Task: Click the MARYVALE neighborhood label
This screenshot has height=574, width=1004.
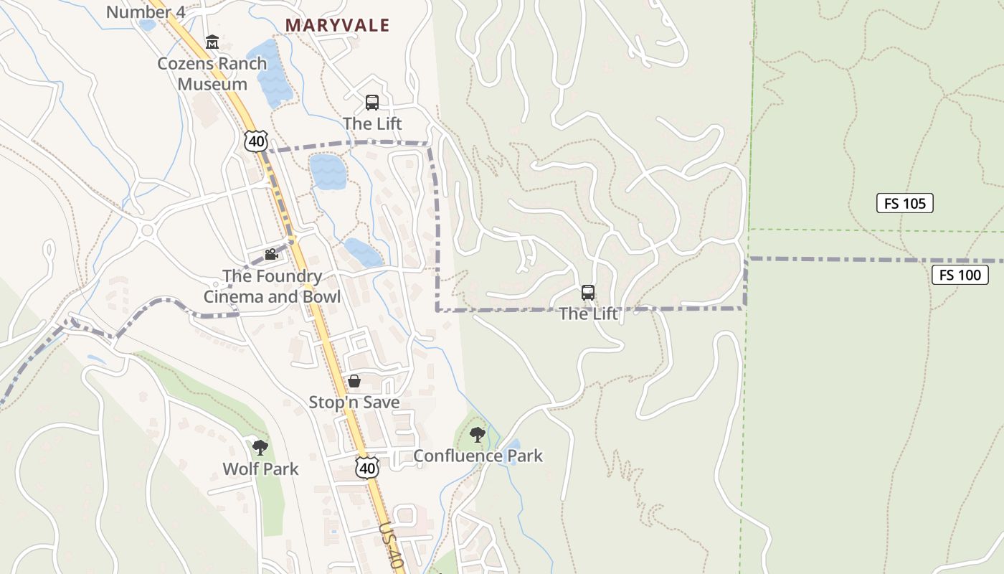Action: click(x=337, y=25)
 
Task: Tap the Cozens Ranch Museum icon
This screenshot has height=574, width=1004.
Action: click(x=212, y=42)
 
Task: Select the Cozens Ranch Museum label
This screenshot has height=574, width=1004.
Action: click(x=212, y=73)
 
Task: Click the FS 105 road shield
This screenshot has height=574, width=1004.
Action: click(x=904, y=203)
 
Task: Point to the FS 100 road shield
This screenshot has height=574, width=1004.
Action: click(x=960, y=274)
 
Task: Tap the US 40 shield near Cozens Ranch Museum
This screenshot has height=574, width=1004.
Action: click(x=256, y=141)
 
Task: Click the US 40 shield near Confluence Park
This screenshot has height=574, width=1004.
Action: click(x=367, y=467)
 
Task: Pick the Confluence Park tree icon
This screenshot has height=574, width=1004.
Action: click(x=477, y=435)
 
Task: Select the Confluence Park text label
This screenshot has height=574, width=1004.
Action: click(x=478, y=456)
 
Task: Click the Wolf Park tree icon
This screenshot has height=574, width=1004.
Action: click(x=260, y=448)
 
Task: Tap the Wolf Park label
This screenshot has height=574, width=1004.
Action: click(x=260, y=469)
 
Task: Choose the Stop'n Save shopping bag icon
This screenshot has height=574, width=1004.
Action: click(x=354, y=381)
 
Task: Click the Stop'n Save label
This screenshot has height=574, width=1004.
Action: click(x=354, y=402)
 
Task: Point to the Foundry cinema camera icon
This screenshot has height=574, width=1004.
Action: click(x=271, y=255)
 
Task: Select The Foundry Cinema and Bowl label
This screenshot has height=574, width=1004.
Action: click(x=272, y=286)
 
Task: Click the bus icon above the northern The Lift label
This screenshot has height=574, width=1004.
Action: click(x=371, y=103)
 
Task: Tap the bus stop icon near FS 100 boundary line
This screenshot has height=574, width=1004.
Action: click(x=588, y=293)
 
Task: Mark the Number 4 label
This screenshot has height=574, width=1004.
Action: click(x=146, y=11)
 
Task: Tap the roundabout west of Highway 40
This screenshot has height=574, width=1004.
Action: click(x=148, y=231)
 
